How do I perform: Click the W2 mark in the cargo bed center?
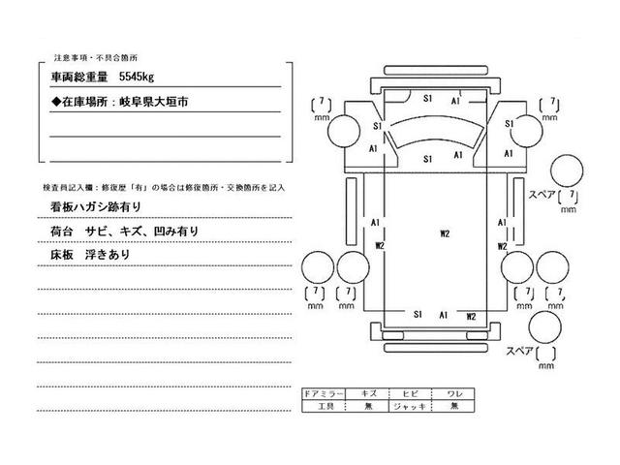coord(445,233)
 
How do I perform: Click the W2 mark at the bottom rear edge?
coord(471,316)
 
